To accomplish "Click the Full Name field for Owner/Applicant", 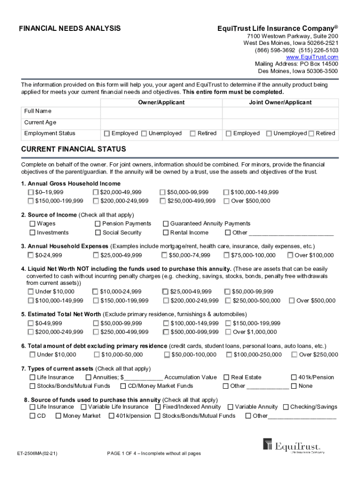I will pos(161,114).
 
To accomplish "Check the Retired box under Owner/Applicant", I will pos(193,134).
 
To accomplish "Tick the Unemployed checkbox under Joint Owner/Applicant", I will pos(269,134).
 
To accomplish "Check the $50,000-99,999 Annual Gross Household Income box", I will pos(163,192).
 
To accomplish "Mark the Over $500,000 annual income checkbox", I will pos(227,201).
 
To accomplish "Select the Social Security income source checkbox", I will pos(98,233).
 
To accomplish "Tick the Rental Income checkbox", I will pos(166,233).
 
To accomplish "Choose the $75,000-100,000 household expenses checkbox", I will pos(227,255).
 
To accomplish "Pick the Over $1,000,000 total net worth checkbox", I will pos(228,332).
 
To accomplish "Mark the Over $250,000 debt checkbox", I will pos(294,355).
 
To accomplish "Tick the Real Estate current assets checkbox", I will pos(226,377).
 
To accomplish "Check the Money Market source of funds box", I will pos(58,416).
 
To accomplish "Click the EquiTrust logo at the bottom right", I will pos(294,446).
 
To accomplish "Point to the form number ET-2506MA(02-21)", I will pos(37,454).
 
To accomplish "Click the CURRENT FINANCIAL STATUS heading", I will pos(73,149).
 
